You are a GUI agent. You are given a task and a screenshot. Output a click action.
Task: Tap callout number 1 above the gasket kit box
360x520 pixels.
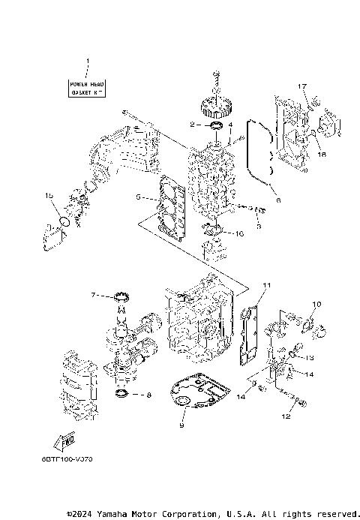click(87, 61)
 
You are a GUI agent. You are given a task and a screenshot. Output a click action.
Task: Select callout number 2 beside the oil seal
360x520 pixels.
click(193, 125)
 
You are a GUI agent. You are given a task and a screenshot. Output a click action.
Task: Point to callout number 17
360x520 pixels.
click(302, 87)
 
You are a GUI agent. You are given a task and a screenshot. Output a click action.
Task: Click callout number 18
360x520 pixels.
click(322, 154)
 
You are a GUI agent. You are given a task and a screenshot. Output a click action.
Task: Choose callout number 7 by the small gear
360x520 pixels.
click(93, 296)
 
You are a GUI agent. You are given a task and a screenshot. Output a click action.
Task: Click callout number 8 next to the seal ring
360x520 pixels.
click(148, 394)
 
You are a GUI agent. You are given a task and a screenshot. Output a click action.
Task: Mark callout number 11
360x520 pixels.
click(265, 286)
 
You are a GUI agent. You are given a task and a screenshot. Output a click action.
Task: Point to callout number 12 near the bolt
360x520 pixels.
click(286, 415)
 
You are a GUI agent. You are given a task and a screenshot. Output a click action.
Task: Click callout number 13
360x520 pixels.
click(309, 358)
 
